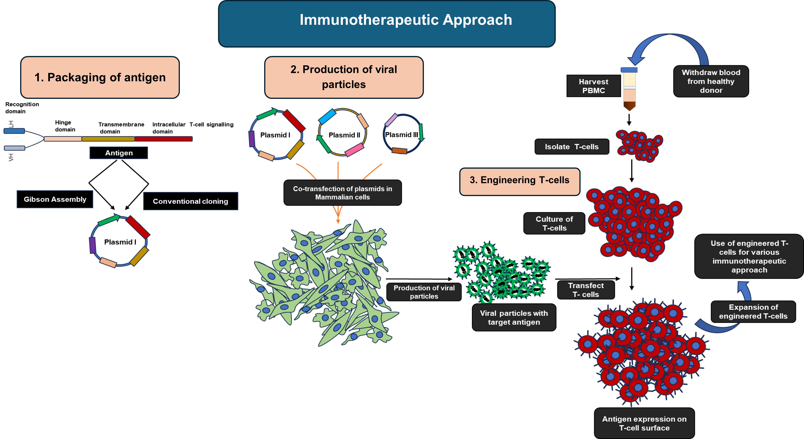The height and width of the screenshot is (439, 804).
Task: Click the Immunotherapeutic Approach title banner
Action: tap(386, 24)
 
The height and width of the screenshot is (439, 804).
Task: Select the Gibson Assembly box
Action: tap(55, 199)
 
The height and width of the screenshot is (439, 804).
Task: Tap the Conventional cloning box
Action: tap(190, 201)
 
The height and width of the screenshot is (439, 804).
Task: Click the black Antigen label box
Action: tap(119, 153)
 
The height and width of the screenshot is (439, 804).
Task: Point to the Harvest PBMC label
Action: tap(593, 86)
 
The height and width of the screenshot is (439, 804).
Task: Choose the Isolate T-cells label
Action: tap(571, 146)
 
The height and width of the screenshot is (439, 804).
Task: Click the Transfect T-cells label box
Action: tap(585, 290)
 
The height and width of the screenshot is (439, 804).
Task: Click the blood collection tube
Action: tap(629, 89)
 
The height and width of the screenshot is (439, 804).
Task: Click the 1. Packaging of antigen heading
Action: tap(100, 78)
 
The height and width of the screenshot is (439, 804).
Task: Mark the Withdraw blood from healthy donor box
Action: tap(711, 81)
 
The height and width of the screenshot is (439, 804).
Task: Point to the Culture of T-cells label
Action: tap(554, 223)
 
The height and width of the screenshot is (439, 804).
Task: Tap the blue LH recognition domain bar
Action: tap(14, 131)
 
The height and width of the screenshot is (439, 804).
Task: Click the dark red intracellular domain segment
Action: tap(163, 139)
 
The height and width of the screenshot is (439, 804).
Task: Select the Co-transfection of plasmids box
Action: tap(342, 193)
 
